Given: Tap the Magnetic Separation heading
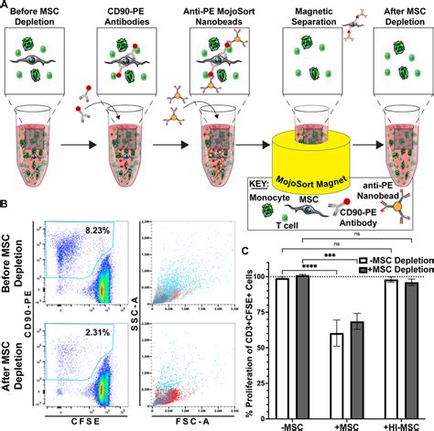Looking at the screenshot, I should click(314, 15).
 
